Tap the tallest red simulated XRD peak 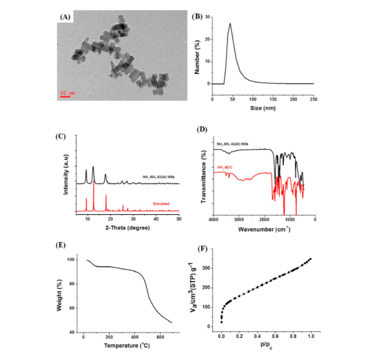[x=94, y=182]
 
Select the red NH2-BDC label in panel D [x=226, y=168]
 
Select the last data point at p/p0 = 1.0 [x=310, y=259]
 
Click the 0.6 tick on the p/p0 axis [x=274, y=335]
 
